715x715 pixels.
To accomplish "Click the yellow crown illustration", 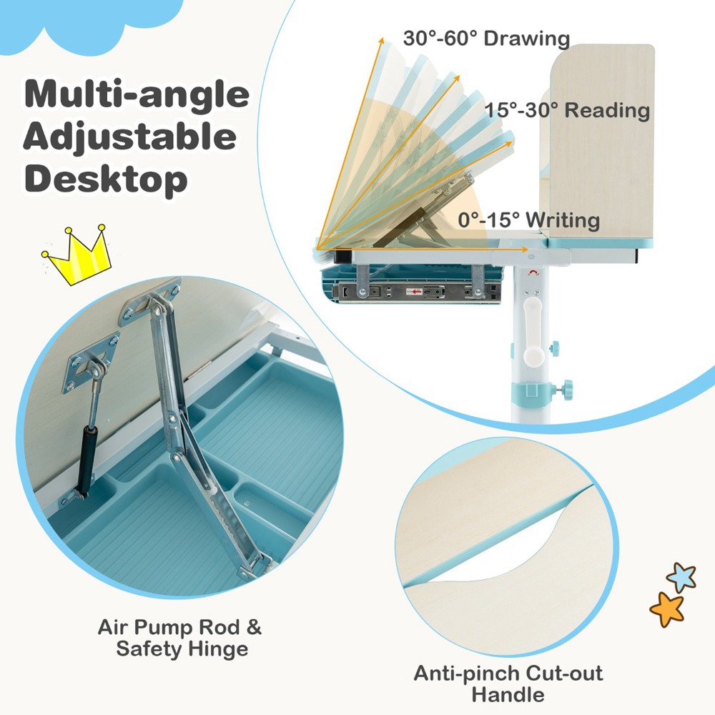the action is [x=77, y=255].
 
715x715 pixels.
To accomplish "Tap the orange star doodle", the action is [x=667, y=609].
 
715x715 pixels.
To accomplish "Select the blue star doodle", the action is [x=681, y=577].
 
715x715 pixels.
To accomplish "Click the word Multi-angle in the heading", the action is [x=137, y=95].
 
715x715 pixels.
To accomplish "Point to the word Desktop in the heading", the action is [x=106, y=179].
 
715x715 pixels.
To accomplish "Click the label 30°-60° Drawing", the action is [x=486, y=39].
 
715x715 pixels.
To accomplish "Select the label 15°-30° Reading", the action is [x=567, y=110].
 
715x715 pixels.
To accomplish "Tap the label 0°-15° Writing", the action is [x=529, y=220].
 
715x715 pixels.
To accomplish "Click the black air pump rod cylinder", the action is [x=87, y=460].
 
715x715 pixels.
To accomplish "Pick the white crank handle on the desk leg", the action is [x=533, y=332].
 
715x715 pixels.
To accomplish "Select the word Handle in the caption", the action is [x=508, y=695].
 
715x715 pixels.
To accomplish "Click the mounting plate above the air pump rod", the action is [x=91, y=363].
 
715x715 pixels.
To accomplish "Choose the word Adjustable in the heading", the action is [x=130, y=137].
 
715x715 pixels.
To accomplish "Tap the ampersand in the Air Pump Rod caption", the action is [x=254, y=628].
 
